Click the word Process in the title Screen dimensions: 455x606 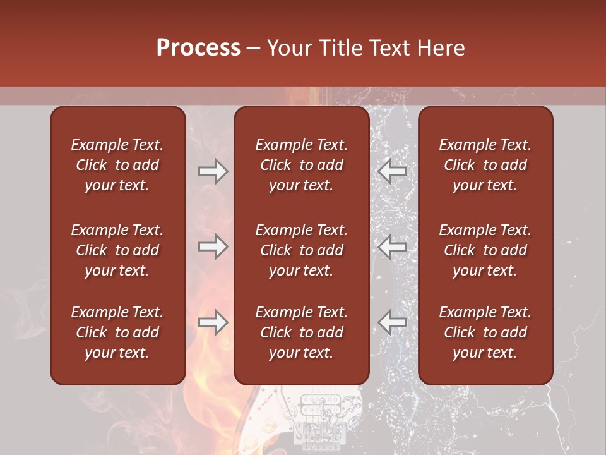point(198,48)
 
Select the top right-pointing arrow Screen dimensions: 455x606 point(213,171)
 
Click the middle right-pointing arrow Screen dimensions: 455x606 point(213,246)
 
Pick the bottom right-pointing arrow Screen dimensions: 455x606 point(213,322)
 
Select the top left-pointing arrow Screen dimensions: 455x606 point(392,171)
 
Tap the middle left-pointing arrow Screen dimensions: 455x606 point(392,246)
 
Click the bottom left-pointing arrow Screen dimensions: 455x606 point(392,322)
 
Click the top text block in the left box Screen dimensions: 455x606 point(117,165)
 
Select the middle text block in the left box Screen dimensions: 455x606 point(117,250)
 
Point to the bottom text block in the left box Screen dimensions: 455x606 point(117,332)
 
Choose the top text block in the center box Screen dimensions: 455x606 point(302,165)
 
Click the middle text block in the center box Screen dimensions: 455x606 point(302,250)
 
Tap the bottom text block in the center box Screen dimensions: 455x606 point(302,332)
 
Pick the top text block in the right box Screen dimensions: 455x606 point(485,165)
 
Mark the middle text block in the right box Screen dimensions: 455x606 point(485,250)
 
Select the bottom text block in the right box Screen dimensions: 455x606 point(485,332)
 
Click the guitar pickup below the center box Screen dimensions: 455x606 point(319,405)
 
